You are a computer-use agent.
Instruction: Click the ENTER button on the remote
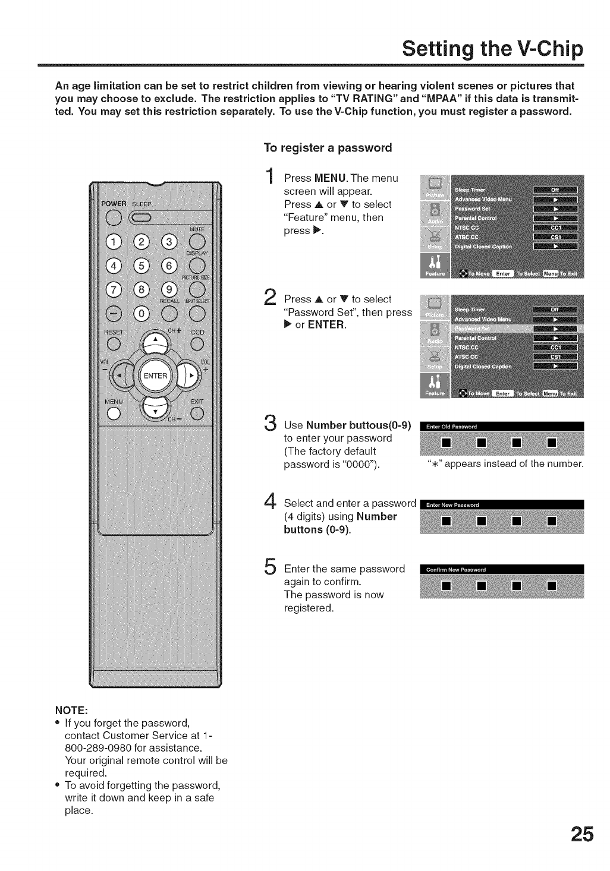pos(155,375)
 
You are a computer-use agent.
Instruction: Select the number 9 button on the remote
pos(169,289)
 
